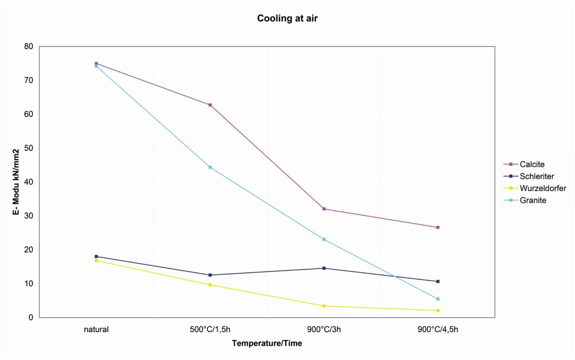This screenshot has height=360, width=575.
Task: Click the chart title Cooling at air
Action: pyautogui.click(x=287, y=19)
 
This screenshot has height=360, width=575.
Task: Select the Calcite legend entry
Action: pyautogui.click(x=532, y=164)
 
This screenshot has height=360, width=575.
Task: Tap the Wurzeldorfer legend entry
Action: pyautogui.click(x=543, y=188)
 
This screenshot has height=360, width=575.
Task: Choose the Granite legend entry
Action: pyautogui.click(x=533, y=200)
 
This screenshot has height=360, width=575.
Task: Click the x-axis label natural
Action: pyautogui.click(x=96, y=329)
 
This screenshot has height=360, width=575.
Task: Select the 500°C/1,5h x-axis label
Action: pyautogui.click(x=210, y=329)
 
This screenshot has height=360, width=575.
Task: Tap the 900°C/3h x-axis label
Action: pyautogui.click(x=324, y=329)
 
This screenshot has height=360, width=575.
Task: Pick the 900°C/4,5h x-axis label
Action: pyautogui.click(x=438, y=329)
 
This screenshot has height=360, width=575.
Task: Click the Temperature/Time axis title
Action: pyautogui.click(x=267, y=343)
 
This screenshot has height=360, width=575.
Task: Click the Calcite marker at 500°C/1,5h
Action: pyautogui.click(x=210, y=105)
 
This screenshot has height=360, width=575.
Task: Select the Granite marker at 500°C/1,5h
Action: pyautogui.click(x=210, y=167)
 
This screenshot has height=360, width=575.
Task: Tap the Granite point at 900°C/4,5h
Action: pyautogui.click(x=438, y=299)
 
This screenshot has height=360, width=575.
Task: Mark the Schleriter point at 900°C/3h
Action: pyautogui.click(x=324, y=268)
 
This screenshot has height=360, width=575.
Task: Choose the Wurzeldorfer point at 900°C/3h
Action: pyautogui.click(x=324, y=306)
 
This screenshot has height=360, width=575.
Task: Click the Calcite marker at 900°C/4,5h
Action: pyautogui.click(x=438, y=227)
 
